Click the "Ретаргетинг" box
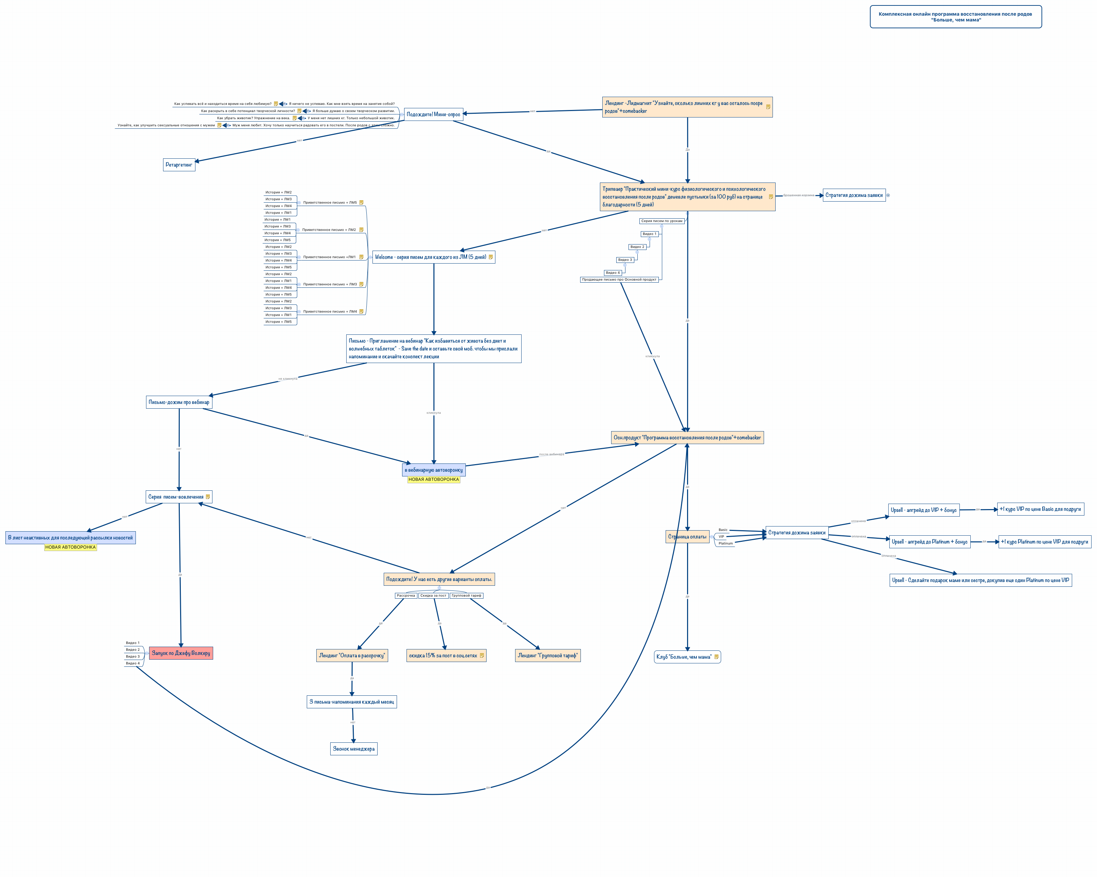[179, 165]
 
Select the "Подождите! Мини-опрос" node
[433, 114]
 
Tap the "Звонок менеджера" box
[354, 749]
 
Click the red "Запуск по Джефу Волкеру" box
[181, 653]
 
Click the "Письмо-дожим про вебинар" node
[179, 402]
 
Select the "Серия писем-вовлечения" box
[176, 497]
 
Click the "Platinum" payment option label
[726, 544]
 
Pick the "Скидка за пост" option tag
[433, 596]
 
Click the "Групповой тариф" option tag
[466, 596]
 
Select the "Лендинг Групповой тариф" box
[547, 656]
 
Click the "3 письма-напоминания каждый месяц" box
[352, 702]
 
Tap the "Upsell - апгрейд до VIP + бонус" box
[923, 510]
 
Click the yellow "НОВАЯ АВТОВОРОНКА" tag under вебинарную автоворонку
[433, 479]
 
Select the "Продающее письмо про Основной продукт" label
[619, 279]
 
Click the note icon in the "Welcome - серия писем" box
[491, 257]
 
